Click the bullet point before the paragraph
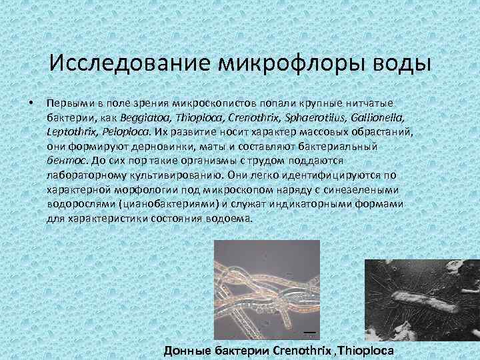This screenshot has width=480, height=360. point(31,103)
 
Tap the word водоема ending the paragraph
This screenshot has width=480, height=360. point(231,217)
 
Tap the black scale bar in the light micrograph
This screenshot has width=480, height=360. point(309,331)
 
